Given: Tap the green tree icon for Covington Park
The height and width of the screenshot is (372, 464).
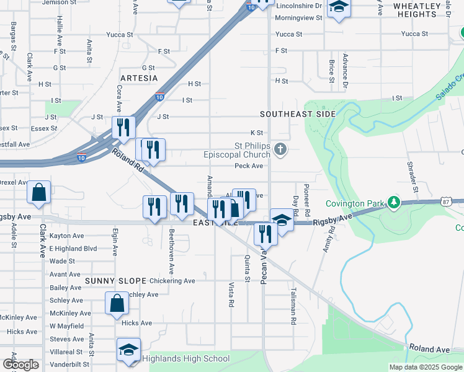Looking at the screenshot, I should pos(392,203).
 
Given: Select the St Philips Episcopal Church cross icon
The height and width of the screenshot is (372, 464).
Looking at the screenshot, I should pos(280,149).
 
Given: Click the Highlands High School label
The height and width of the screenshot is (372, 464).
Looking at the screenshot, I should pos(186,358).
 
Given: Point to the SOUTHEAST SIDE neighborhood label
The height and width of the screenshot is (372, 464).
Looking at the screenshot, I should pos(298,114).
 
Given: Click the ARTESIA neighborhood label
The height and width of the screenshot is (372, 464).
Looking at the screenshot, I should pos(139,78).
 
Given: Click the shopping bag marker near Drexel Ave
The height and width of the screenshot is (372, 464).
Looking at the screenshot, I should pos(38,193).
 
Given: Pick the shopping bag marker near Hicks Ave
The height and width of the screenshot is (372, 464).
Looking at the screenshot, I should pos(117,304).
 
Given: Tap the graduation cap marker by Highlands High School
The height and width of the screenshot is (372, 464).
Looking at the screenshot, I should pos(128,350).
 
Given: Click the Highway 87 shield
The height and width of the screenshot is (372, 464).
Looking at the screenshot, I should pos(447,201).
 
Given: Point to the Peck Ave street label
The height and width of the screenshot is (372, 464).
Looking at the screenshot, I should pos(249,166).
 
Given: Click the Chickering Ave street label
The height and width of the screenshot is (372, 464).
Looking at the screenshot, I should pos(172,281).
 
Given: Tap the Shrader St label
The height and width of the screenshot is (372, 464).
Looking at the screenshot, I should pos(411,172).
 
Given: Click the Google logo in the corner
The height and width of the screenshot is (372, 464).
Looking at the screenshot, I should pos(20,365).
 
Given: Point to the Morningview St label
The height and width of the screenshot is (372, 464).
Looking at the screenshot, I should pos(299,17).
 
